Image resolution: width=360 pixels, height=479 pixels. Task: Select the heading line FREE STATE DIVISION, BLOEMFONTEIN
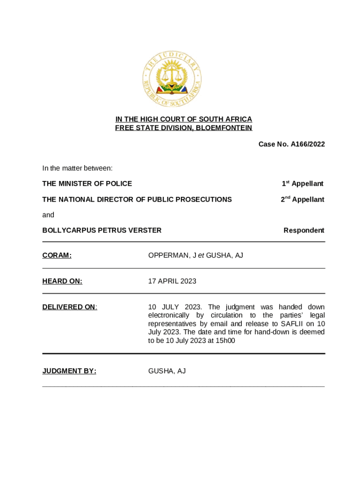184,128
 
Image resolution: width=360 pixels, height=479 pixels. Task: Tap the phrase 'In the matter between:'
77,168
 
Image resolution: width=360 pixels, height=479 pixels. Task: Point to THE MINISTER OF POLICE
87,184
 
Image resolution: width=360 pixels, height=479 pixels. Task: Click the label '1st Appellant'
302,184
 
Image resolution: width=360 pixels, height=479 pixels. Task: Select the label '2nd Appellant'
302,200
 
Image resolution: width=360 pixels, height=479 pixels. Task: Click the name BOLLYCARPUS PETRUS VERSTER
102,230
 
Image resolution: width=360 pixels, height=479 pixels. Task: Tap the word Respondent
304,230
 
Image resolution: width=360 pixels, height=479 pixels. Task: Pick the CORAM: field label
57,255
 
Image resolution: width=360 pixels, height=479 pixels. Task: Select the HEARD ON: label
62,281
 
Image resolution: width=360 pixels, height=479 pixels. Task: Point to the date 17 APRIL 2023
172,281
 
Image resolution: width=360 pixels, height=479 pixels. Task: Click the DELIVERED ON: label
70,307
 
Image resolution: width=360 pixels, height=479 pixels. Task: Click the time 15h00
226,341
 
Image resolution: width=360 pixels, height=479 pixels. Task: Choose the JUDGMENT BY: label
69,371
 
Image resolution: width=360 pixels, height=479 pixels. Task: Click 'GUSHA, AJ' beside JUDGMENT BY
167,371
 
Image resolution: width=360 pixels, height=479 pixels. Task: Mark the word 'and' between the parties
48,215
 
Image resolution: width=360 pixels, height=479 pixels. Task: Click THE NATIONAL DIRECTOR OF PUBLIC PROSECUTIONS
137,200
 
